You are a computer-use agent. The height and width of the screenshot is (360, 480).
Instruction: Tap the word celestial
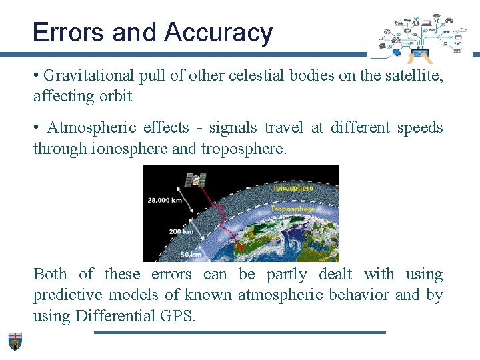click(257, 75)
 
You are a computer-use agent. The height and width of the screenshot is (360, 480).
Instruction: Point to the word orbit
click(116, 96)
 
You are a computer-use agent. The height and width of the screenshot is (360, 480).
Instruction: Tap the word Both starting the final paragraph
click(50, 274)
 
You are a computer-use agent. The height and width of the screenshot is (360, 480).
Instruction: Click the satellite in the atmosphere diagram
click(195, 179)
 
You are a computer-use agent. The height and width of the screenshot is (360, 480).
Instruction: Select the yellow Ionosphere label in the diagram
click(293, 188)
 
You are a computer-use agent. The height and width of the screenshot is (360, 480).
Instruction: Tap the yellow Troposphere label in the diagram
click(292, 209)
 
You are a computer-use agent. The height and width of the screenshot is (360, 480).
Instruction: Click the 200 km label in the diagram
click(181, 231)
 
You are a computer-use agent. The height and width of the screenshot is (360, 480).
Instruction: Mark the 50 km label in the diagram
click(191, 254)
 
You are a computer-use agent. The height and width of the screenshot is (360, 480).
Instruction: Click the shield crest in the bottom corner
click(15, 340)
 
